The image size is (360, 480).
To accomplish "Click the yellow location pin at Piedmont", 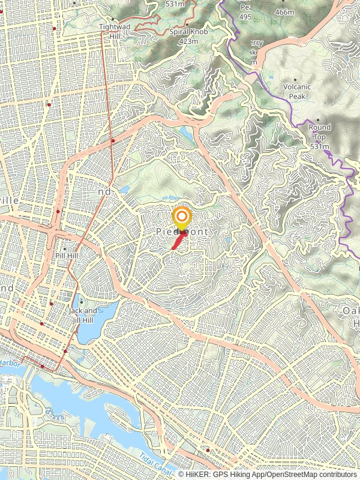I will (x=181, y=217).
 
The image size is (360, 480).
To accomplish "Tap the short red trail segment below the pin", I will (x=178, y=242).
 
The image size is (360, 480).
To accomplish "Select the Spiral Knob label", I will (x=188, y=32).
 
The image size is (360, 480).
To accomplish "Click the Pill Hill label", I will (x=65, y=255).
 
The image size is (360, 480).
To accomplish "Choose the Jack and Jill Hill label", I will (x=83, y=315).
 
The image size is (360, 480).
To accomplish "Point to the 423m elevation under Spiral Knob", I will (x=188, y=41).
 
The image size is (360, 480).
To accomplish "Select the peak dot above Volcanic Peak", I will (x=296, y=80).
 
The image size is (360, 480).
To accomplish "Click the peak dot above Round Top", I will (x=318, y=120).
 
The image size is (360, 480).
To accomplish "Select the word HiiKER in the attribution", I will (x=197, y=474).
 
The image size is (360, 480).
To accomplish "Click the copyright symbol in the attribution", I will (x=181, y=474).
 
